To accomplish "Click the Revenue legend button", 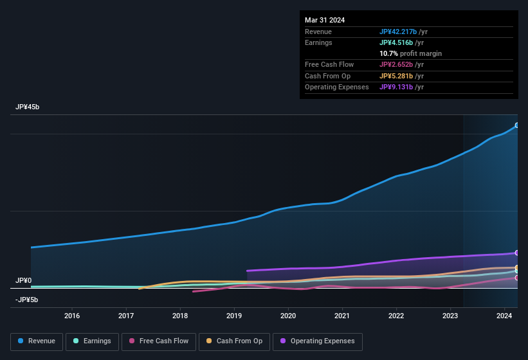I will [x=37, y=341].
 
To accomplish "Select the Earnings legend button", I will [x=92, y=341].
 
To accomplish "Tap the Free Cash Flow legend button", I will [x=159, y=341].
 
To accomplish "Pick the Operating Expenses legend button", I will [x=318, y=341].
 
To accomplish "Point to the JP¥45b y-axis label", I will [x=28, y=107].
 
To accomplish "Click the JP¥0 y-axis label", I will [x=24, y=280].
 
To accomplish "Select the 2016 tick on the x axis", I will [x=72, y=316].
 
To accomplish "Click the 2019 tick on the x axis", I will [x=234, y=316].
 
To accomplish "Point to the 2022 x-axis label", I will [x=396, y=316].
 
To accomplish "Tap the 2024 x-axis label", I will [x=504, y=316].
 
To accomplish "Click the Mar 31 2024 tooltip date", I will [x=325, y=20].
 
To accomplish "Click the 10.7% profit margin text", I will [x=410, y=53].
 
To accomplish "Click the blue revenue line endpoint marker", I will [x=517, y=125].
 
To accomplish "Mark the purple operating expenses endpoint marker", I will [x=517, y=253].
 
